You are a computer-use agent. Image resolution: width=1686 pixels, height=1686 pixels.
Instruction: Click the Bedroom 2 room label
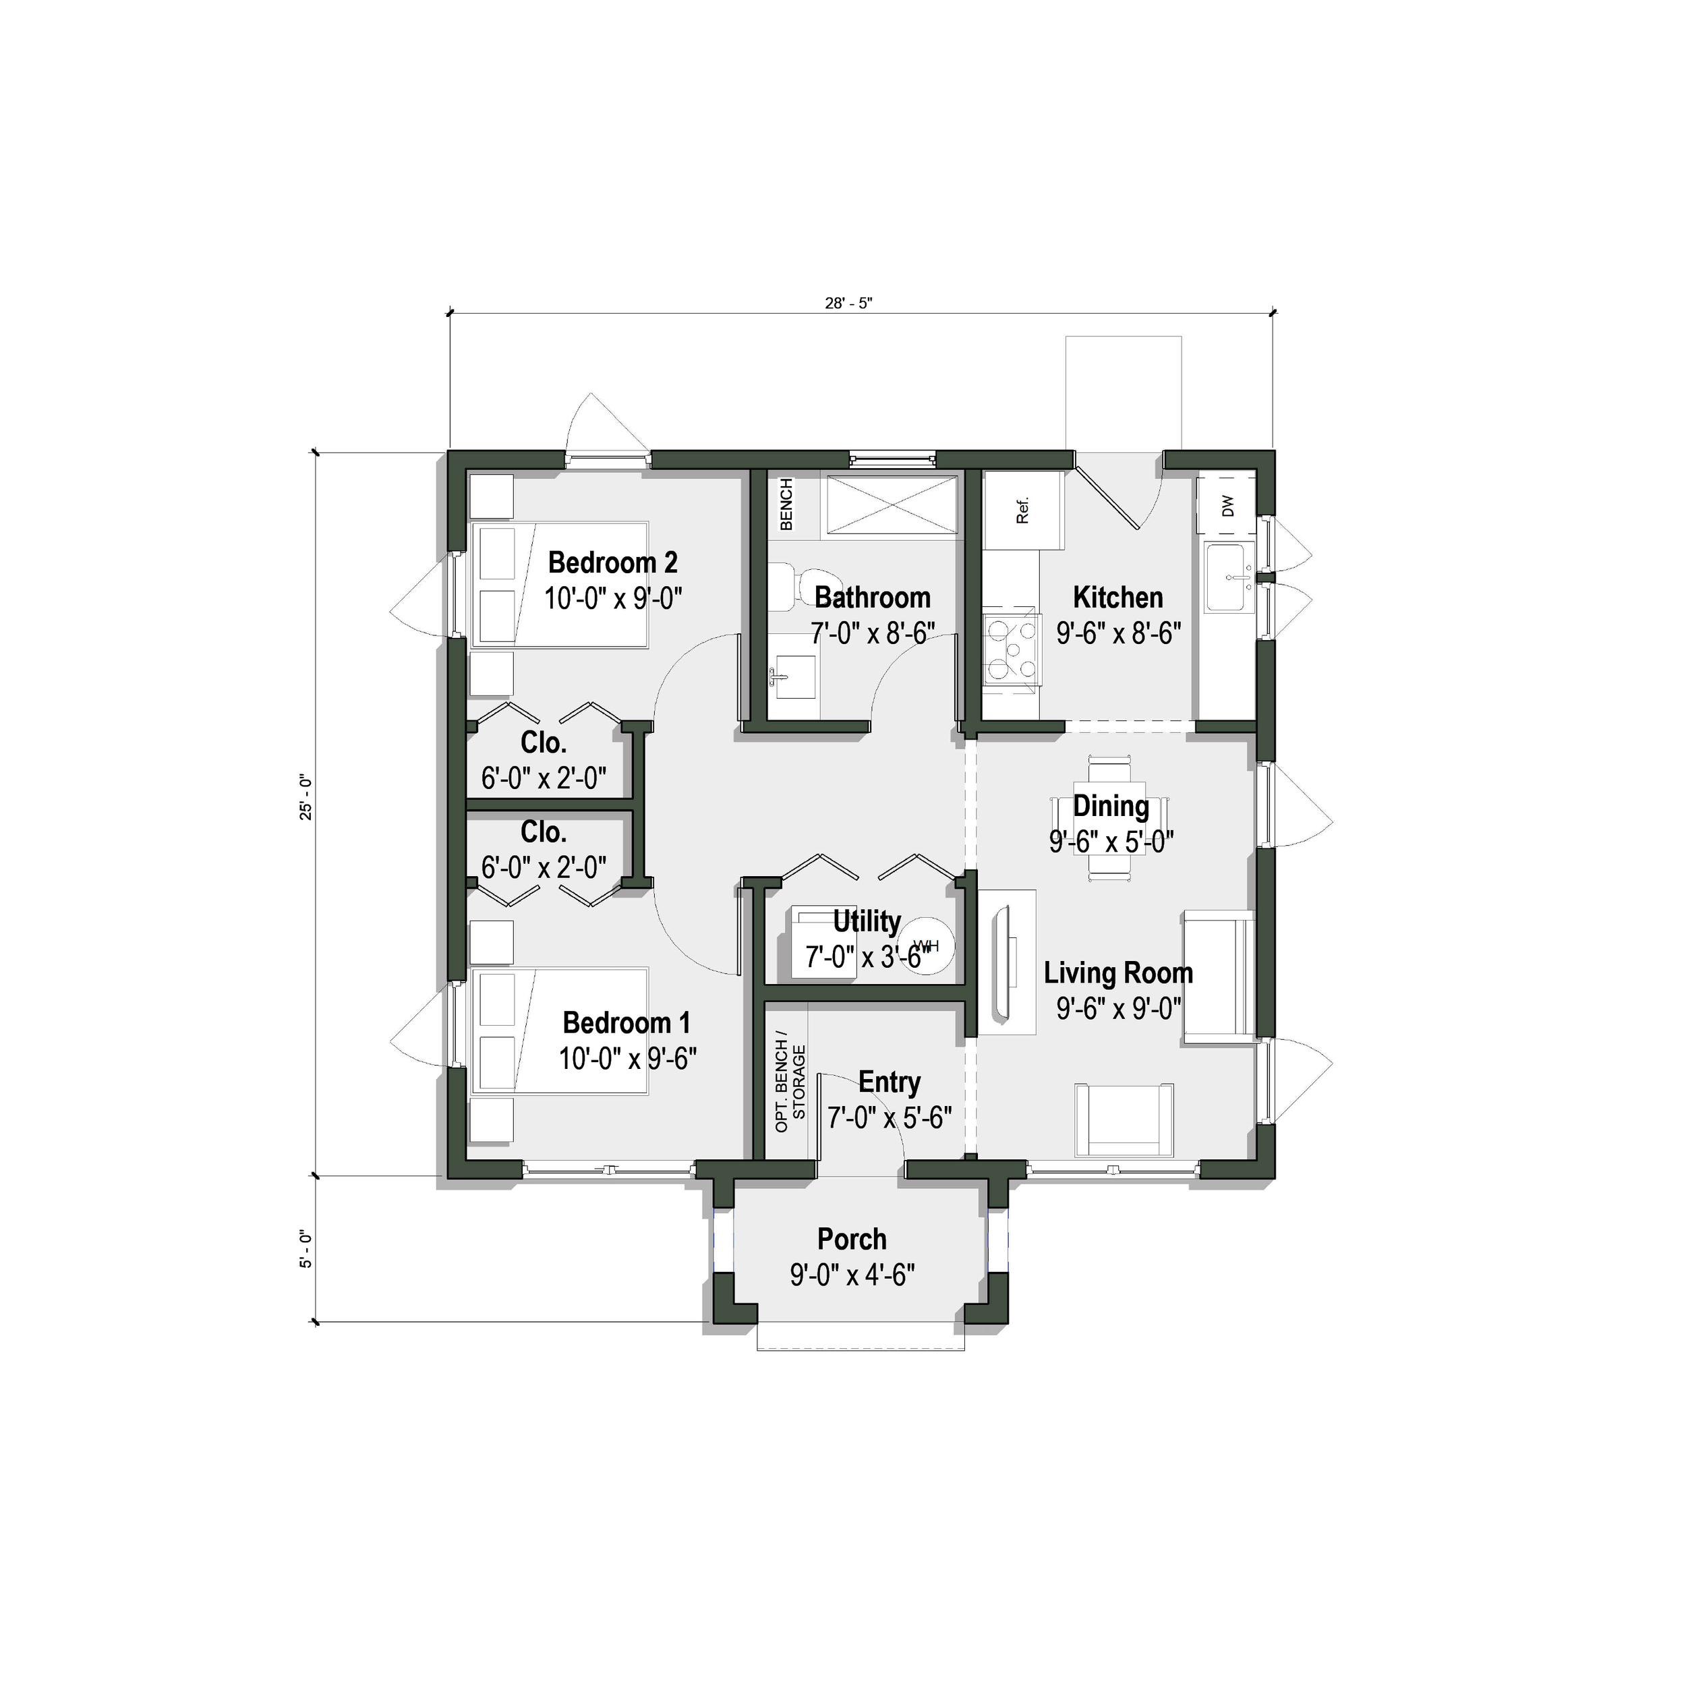612,563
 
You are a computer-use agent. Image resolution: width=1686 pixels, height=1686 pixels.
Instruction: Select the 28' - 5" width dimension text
848,303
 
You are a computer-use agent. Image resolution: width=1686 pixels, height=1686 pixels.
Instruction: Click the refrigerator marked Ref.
1024,511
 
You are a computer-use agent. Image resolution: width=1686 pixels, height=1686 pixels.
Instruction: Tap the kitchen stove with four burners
1012,649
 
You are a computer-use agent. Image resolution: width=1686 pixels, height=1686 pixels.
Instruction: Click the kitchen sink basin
1229,578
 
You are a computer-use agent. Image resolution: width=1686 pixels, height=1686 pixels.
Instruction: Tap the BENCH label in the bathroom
786,504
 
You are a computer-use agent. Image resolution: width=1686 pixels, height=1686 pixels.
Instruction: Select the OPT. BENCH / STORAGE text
790,1087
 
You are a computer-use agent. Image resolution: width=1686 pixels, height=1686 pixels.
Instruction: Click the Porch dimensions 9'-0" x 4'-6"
852,1276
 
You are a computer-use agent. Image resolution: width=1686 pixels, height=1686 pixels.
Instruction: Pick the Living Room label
1118,973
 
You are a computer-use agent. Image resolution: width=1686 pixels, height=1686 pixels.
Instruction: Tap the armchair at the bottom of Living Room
1124,1120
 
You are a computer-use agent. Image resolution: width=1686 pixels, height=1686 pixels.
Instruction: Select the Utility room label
867,921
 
